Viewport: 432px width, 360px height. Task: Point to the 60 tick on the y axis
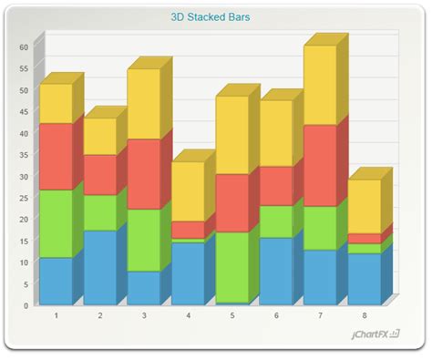(x=25, y=47)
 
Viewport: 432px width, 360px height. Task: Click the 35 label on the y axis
(x=25, y=155)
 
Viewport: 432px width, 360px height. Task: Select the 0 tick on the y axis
(x=27, y=305)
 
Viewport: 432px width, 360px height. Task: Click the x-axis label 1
(x=57, y=316)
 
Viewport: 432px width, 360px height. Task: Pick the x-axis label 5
(x=232, y=316)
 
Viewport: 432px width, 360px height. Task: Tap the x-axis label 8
(x=365, y=316)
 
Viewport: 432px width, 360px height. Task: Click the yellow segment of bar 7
(x=320, y=85)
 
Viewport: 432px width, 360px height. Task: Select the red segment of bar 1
(x=56, y=156)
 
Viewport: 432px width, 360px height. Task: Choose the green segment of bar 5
(x=232, y=267)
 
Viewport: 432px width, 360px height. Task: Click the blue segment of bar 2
(x=100, y=267)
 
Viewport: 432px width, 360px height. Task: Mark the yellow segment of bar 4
(x=188, y=191)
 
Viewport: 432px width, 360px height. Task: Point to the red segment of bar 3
(x=144, y=174)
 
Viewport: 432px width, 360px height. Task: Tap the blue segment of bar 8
(x=365, y=279)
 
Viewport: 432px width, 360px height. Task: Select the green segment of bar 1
(x=56, y=223)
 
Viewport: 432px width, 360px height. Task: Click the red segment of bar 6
(x=276, y=186)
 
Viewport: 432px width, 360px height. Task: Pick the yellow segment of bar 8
(x=365, y=206)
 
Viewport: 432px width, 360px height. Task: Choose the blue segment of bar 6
(x=276, y=271)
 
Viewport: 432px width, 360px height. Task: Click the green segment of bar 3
(x=144, y=240)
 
